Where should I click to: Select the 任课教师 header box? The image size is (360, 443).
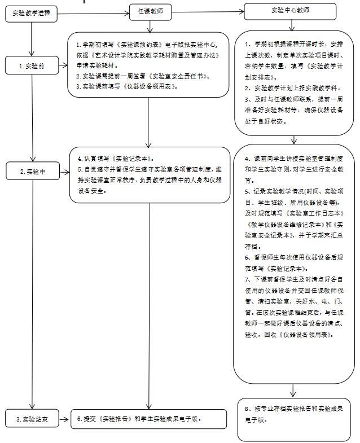150,12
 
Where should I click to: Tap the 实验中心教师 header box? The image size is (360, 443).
290,11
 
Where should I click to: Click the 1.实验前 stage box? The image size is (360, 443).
32,65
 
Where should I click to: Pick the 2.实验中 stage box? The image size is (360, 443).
32,170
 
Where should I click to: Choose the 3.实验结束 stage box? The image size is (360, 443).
32,419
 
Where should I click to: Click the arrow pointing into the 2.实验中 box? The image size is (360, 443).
33,157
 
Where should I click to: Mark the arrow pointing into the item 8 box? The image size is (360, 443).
293,392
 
